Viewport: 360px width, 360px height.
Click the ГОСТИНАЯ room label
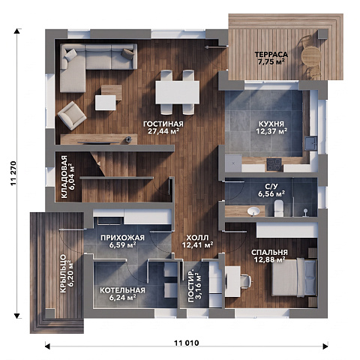(163, 124)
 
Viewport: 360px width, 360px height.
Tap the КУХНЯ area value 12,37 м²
(271, 130)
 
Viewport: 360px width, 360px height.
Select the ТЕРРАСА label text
(271, 54)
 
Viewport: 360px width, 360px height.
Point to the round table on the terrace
(310, 56)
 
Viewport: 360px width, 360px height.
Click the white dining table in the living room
(178, 92)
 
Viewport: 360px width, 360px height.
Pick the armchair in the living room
(72, 115)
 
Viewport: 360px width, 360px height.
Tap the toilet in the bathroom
(278, 208)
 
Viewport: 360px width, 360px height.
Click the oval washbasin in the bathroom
(253, 211)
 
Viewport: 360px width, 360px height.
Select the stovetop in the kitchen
(274, 165)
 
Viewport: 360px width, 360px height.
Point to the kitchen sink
(310, 143)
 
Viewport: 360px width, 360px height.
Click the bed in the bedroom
(294, 277)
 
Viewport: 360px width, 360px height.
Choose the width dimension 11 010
(187, 343)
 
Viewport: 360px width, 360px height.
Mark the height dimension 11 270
(13, 173)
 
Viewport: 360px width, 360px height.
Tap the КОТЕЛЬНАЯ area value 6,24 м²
(122, 297)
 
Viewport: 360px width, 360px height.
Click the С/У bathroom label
(271, 186)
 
